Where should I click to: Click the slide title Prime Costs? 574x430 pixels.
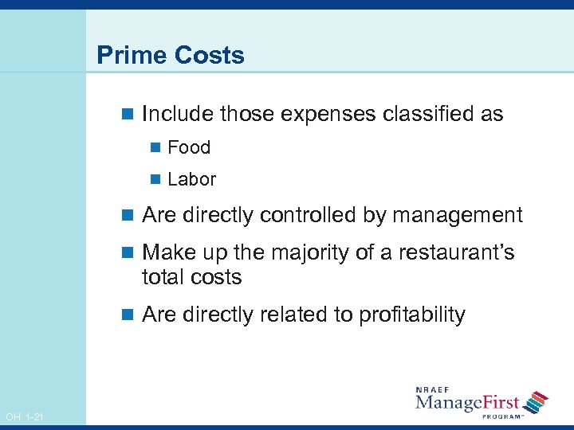(x=170, y=56)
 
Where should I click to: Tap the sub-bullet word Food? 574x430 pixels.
(x=189, y=147)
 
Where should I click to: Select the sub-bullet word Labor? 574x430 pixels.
(x=191, y=180)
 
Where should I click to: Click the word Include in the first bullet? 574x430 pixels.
(x=178, y=115)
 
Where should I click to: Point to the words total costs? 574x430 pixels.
(x=191, y=277)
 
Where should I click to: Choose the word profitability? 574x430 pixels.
(x=412, y=315)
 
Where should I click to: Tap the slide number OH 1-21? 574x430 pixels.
(x=25, y=417)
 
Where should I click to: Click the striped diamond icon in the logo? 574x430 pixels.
(x=537, y=401)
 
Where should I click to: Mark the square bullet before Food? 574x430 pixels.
(x=155, y=147)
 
